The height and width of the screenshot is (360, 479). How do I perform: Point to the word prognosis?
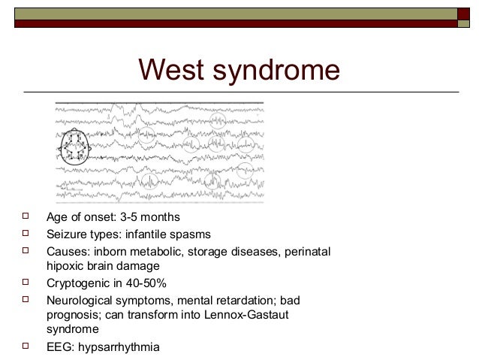(x=74, y=316)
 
